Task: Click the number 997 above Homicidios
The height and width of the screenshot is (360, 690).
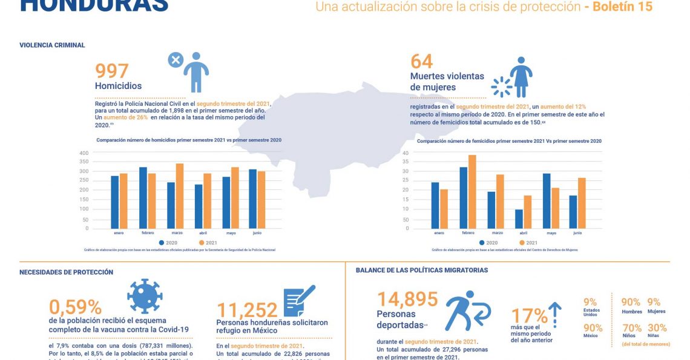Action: click(x=112, y=71)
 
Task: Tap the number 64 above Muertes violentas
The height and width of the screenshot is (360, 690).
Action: click(x=422, y=62)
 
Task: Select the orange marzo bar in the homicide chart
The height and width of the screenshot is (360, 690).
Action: click(x=179, y=195)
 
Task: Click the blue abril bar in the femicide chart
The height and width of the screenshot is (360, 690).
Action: click(x=519, y=218)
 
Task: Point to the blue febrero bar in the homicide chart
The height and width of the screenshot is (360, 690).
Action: click(x=143, y=197)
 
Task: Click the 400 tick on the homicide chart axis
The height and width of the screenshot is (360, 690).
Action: click(x=84, y=152)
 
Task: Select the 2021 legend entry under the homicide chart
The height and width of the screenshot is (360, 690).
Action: click(x=208, y=243)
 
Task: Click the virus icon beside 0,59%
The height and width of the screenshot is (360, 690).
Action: click(x=145, y=296)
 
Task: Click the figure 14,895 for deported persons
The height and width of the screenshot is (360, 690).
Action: click(x=407, y=299)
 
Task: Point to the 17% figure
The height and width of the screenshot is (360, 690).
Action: click(x=529, y=316)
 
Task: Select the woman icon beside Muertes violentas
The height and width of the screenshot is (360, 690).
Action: click(x=521, y=77)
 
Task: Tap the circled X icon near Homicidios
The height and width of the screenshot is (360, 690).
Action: click(x=176, y=60)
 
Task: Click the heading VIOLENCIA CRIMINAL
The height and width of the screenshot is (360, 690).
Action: click(x=52, y=45)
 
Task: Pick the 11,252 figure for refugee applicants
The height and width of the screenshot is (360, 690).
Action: click(x=247, y=310)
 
